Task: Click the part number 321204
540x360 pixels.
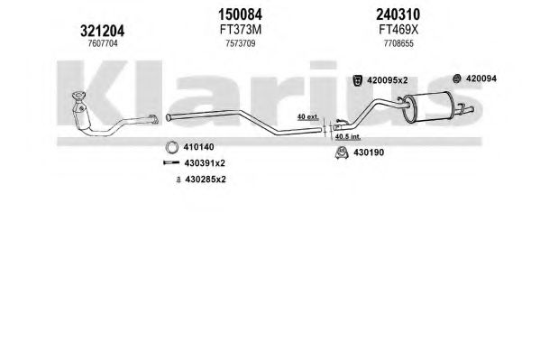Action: click(102, 31)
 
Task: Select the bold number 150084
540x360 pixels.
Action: click(241, 14)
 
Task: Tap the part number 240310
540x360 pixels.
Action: click(398, 14)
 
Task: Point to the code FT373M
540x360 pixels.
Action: click(241, 30)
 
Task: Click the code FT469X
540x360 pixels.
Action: click(398, 30)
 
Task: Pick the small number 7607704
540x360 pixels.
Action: click(103, 43)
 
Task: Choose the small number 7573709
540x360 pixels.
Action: click(241, 43)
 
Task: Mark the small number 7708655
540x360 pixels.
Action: click(398, 43)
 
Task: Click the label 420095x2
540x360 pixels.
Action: click(388, 80)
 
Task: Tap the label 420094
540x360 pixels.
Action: click(481, 78)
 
